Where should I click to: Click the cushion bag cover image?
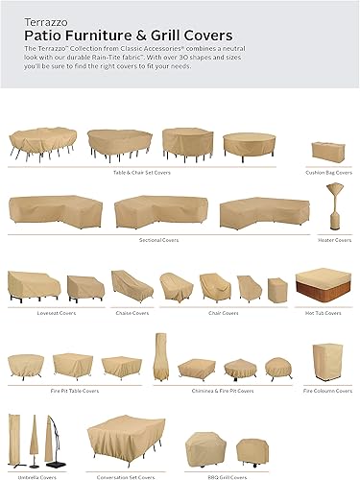click(326, 151)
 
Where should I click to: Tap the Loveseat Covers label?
click(53, 312)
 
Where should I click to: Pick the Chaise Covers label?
click(132, 312)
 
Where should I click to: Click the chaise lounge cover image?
click(132, 284)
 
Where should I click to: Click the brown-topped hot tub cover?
click(321, 284)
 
